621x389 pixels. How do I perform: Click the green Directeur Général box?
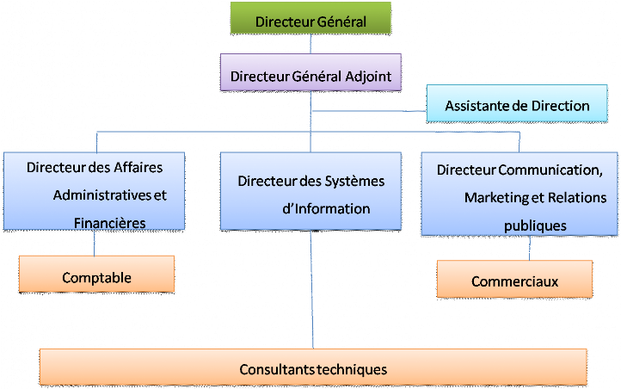310,19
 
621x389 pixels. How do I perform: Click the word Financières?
109,222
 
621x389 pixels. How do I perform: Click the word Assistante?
476,106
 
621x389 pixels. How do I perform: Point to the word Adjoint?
368,76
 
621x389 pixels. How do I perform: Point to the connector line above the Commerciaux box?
529,248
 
